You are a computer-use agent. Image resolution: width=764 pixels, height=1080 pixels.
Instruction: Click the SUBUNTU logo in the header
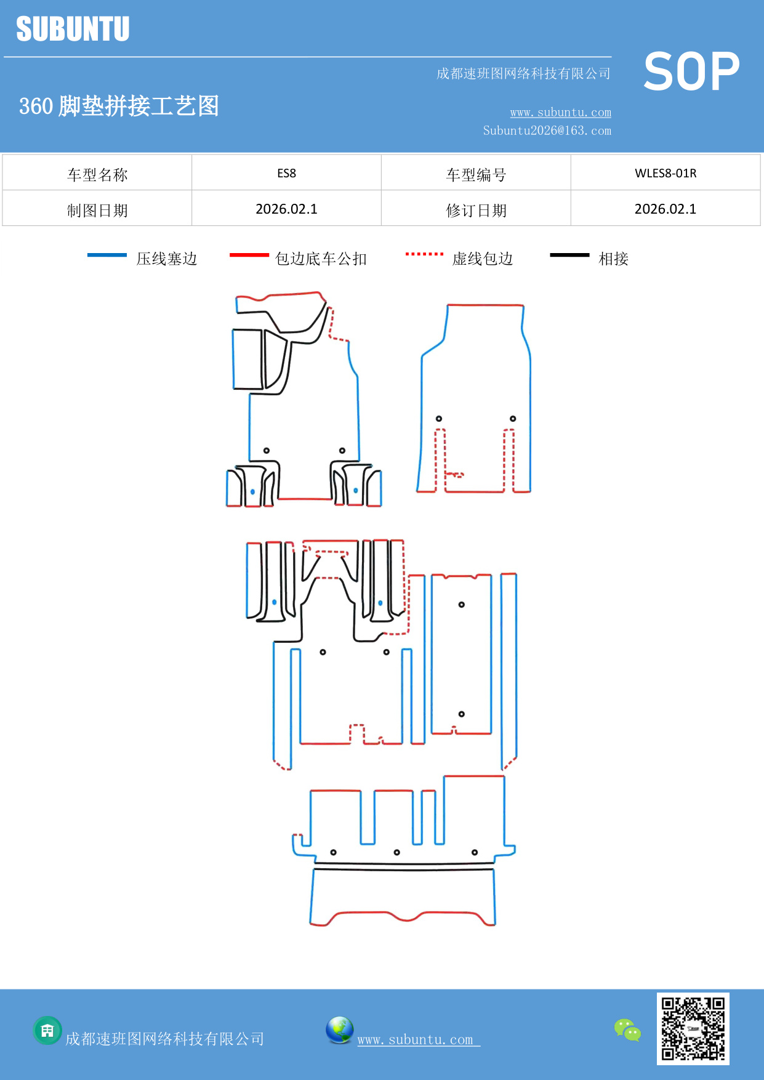click(73, 29)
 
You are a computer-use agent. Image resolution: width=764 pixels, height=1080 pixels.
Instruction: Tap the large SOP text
click(691, 72)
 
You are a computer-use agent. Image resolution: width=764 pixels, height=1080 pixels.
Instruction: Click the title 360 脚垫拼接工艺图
click(119, 106)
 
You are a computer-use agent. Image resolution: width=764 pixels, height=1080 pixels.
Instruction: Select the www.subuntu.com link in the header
click(560, 112)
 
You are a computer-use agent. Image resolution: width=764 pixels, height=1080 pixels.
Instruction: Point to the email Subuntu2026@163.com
click(547, 131)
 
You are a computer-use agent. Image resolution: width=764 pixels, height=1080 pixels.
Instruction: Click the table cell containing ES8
click(286, 173)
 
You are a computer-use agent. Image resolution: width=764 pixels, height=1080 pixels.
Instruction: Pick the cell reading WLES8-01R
click(665, 173)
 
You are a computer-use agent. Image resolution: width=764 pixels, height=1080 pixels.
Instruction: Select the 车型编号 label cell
click(476, 175)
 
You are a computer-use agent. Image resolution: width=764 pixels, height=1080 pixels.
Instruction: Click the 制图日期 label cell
click(97, 211)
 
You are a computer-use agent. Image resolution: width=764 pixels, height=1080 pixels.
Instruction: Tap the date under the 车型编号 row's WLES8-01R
click(665, 209)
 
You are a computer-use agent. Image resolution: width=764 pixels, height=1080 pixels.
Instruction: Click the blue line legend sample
click(107, 255)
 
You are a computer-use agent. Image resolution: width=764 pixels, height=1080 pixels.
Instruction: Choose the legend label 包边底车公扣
click(321, 259)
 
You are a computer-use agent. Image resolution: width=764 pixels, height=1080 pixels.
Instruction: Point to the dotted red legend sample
click(424, 254)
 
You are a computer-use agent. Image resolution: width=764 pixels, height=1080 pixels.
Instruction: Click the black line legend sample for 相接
click(569, 255)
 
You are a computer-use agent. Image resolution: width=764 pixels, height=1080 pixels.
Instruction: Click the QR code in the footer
click(693, 1028)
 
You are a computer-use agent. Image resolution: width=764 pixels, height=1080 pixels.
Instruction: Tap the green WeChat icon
click(627, 1030)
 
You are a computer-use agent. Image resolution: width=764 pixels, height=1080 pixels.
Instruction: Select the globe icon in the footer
click(339, 1030)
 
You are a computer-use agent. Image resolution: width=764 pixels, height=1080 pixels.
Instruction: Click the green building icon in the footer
click(47, 1030)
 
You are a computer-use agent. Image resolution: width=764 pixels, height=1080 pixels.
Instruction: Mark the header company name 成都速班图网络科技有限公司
click(523, 74)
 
